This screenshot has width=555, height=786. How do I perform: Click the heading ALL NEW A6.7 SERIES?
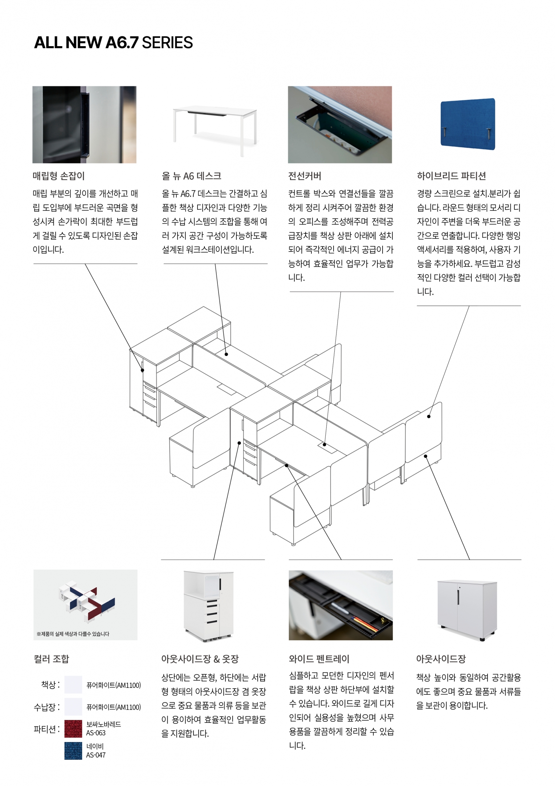113,43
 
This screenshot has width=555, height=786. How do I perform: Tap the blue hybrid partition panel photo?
468,124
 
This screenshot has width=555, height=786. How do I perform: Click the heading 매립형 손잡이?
58,176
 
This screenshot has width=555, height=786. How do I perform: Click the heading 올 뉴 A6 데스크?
191,176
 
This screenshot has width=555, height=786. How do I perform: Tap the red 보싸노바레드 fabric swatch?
73,729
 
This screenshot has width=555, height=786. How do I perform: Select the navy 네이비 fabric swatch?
73,751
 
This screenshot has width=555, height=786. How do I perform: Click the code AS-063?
96,733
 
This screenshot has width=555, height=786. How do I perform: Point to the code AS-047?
96,755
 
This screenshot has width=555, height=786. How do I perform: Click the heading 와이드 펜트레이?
319,659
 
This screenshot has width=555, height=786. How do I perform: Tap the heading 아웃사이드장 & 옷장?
200,659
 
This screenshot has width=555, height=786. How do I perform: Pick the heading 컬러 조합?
51,659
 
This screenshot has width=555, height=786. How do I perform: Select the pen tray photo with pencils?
341,605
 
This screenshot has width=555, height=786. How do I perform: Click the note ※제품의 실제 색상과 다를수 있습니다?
73,634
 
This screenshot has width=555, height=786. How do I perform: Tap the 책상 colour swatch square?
73,685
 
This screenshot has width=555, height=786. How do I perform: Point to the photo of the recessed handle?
85,125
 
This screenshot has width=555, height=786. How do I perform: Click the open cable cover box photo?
340,125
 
